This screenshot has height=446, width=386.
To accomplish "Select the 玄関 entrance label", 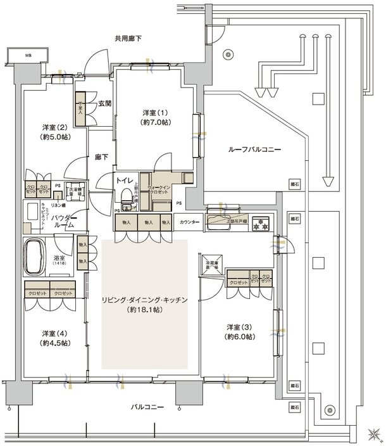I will pyautogui.click(x=105, y=103).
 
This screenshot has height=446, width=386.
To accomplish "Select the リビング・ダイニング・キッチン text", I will pyautogui.click(x=145, y=300).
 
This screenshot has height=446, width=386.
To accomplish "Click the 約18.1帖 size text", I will pyautogui.click(x=146, y=310).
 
